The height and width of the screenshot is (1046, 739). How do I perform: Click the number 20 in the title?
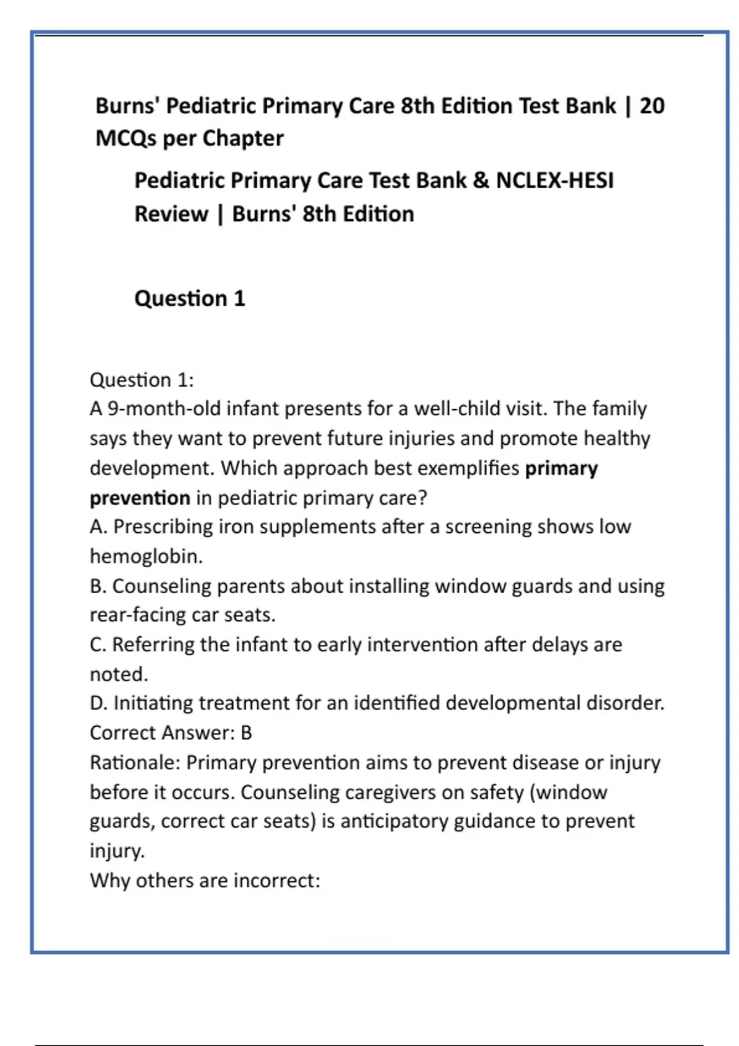[652, 106]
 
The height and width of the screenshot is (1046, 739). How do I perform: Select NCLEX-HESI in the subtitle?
[554, 180]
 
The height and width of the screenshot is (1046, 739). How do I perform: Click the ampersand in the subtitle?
[481, 180]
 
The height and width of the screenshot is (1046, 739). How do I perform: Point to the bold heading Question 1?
[190, 298]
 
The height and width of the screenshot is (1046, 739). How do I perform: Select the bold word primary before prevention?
[561, 468]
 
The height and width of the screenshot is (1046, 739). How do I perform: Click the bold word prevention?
[140, 498]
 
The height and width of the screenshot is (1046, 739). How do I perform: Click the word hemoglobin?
[145, 556]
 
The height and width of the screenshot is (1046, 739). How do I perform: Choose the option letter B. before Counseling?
[98, 586]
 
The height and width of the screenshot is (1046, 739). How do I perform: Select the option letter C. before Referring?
[98, 644]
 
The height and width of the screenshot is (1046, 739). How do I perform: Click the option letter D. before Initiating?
[99, 703]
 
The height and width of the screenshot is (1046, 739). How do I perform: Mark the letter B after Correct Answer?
[246, 733]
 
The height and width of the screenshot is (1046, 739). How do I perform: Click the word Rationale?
[134, 762]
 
